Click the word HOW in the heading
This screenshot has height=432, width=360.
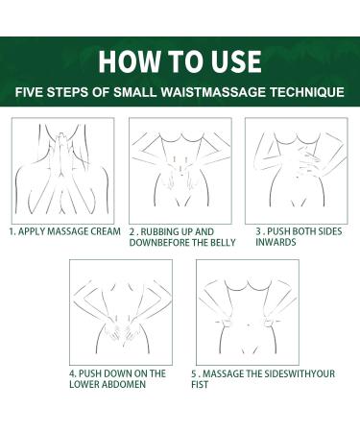pyautogui.click(x=129, y=61)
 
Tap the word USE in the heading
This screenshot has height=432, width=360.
pyautogui.click(x=236, y=61)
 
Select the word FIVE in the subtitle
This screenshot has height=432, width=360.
pyautogui.click(x=29, y=92)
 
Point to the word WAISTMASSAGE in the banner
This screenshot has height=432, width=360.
pyautogui.click(x=213, y=92)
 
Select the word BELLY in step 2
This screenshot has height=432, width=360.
pyautogui.click(x=223, y=242)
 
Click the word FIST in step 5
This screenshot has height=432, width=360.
pyautogui.click(x=200, y=384)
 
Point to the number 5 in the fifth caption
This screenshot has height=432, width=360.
pyautogui.click(x=194, y=373)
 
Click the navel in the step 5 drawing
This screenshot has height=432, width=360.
pyautogui.click(x=249, y=325)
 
